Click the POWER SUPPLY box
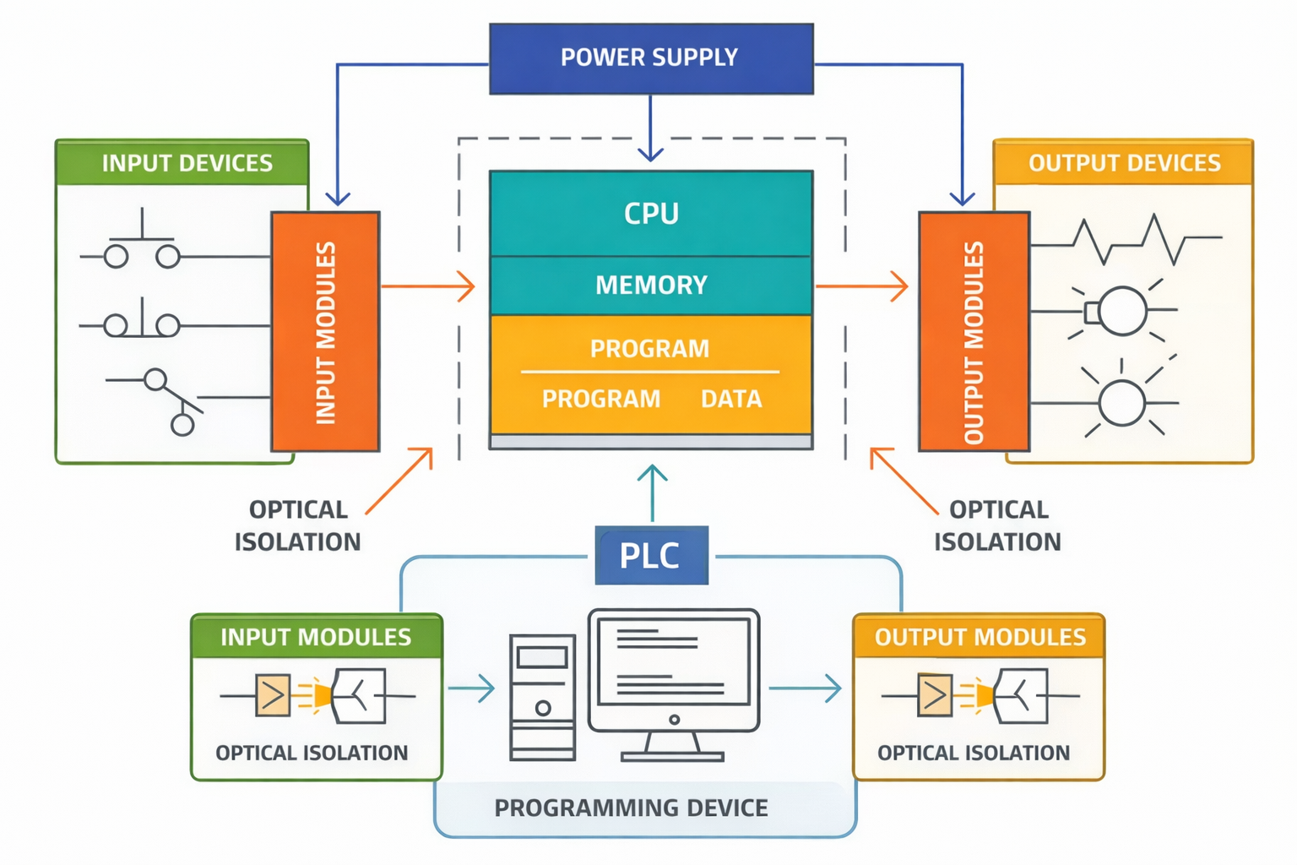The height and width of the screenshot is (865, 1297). pyautogui.click(x=651, y=58)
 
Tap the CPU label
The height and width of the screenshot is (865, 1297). pyautogui.click(x=651, y=213)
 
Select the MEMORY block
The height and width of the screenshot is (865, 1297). pyautogui.click(x=651, y=286)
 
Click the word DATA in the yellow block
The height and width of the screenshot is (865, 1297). pyautogui.click(x=731, y=399)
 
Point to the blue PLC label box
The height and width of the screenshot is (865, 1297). pyautogui.click(x=651, y=555)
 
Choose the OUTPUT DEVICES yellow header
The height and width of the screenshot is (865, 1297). pyautogui.click(x=1123, y=163)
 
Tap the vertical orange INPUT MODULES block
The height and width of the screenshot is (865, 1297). pyautogui.click(x=325, y=331)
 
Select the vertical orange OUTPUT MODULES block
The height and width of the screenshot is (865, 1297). pyautogui.click(x=974, y=331)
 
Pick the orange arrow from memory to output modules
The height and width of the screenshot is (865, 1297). pyautogui.click(x=861, y=286)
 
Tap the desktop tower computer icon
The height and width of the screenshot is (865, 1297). pyautogui.click(x=542, y=698)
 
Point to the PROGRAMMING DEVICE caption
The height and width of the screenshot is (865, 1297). pyautogui.click(x=631, y=808)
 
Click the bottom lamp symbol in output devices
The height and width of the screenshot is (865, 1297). pyautogui.click(x=1121, y=403)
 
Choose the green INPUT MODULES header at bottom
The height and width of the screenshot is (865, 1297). pyautogui.click(x=316, y=637)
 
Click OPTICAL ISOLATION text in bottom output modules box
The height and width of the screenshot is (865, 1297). pyautogui.click(x=973, y=753)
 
